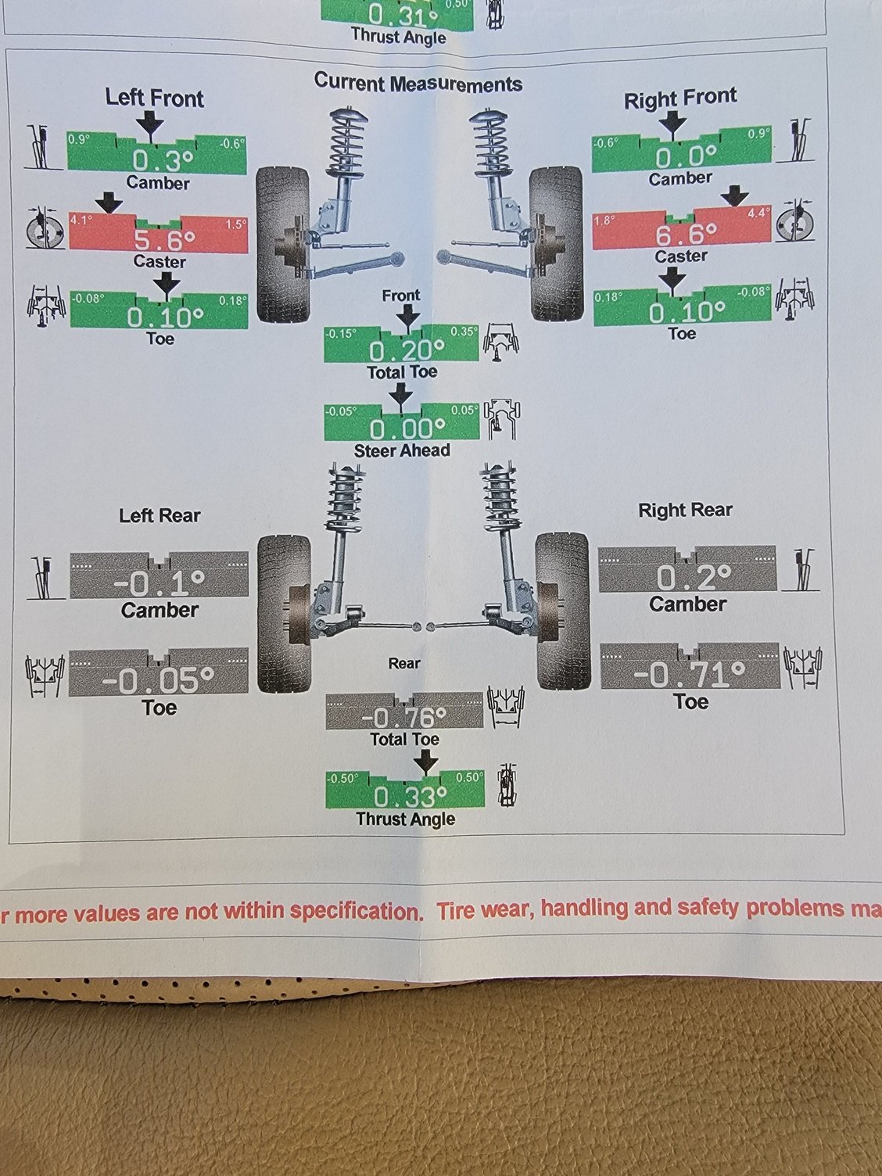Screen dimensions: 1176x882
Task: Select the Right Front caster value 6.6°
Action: click(x=686, y=234)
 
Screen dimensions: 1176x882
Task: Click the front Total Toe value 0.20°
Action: click(x=401, y=350)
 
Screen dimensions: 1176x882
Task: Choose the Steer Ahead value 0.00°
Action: click(x=401, y=428)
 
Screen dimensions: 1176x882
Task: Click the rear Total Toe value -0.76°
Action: click(x=404, y=717)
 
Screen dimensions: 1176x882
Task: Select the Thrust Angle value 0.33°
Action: click(x=405, y=796)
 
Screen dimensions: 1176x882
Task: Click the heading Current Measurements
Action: click(x=418, y=83)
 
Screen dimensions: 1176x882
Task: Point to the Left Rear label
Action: click(x=160, y=515)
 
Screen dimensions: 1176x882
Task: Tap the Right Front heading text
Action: click(x=680, y=98)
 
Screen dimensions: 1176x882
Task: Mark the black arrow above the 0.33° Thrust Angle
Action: click(x=425, y=762)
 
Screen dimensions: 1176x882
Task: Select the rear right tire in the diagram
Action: click(x=562, y=610)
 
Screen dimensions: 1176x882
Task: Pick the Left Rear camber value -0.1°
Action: click(x=159, y=583)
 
